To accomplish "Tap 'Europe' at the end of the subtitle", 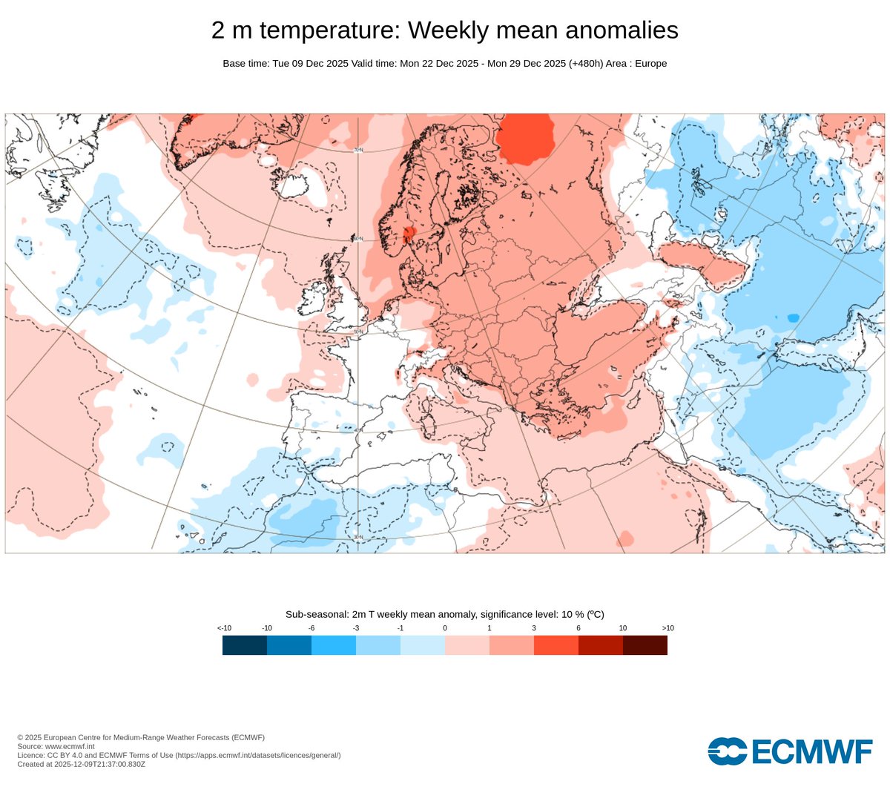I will coord(650,64).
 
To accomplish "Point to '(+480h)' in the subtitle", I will coord(585,64).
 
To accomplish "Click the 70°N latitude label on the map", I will coord(358,150).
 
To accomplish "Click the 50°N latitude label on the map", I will coord(358,331).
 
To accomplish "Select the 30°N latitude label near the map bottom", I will coord(358,537).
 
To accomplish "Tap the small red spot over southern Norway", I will coord(407,235).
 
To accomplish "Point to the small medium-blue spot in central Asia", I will coord(793,317).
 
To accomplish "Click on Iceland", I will coord(304,183).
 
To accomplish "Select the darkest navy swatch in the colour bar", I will coord(245,645).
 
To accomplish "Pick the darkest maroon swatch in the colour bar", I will coord(645,645).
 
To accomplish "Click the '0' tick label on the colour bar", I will coord(445,628).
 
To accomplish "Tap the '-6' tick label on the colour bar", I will coord(311,628).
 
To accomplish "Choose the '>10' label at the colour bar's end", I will coord(667,628).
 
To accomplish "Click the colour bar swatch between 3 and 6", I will coord(556,645).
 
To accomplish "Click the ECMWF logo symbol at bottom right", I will coord(728,751).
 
